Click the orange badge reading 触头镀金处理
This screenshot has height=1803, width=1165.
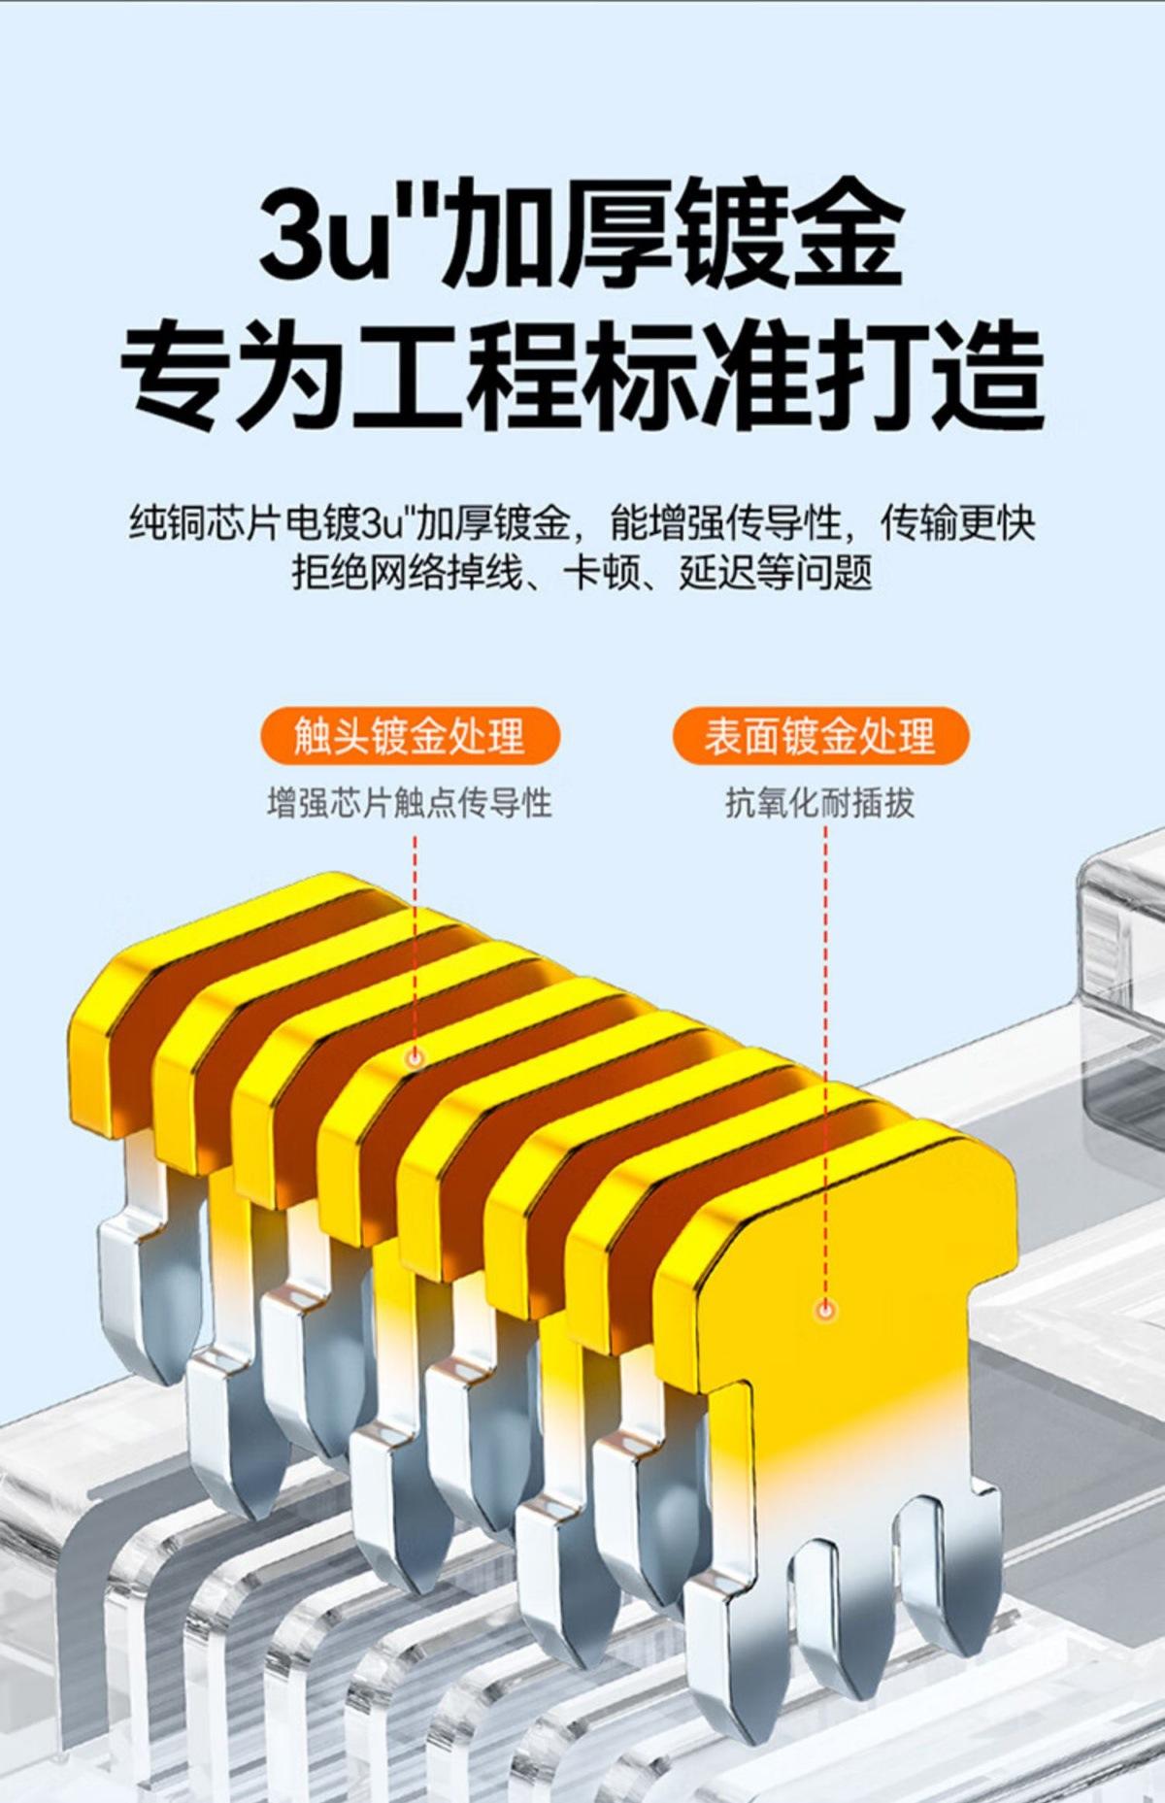point(409,736)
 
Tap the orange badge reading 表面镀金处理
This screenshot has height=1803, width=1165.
point(820,736)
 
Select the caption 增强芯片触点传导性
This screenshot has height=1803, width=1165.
point(409,803)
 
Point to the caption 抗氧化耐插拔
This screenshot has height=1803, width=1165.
point(820,803)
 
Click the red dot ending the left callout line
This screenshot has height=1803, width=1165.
point(415,1057)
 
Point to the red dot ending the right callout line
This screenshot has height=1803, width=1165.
point(825,1311)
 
